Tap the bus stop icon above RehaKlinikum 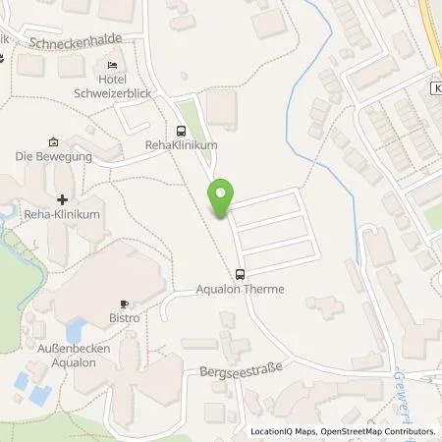[180, 131]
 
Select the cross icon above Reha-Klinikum [62, 198]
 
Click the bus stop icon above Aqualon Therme [240, 275]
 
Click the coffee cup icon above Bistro [124, 304]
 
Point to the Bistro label [124, 318]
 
